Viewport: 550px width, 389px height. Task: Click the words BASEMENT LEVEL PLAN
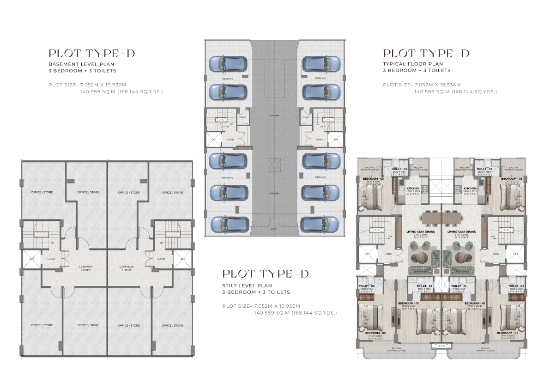click(81, 64)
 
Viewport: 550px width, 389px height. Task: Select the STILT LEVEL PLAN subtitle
click(247, 286)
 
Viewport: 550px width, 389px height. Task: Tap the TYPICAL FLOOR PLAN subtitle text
click(413, 64)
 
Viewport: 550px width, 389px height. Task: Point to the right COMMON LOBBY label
click(127, 268)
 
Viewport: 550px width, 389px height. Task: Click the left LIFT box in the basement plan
click(31, 259)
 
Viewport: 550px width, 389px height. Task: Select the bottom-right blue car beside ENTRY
click(320, 225)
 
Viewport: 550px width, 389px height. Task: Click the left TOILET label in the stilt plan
click(243, 117)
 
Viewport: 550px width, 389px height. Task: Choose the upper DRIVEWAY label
click(275, 115)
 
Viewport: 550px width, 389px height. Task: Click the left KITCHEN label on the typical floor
click(412, 188)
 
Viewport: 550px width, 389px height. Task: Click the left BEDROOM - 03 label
click(373, 178)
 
